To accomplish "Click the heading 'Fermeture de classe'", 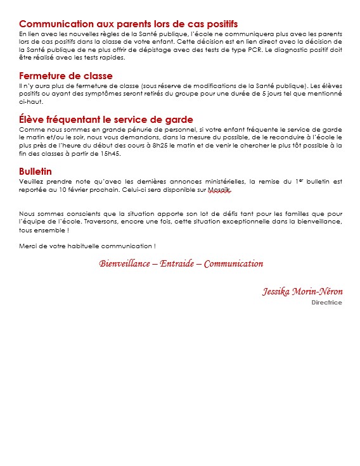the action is pyautogui.click(x=66, y=76).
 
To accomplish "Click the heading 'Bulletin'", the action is pyautogui.click(x=35, y=172).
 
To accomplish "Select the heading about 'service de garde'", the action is pyautogui.click(x=106, y=119).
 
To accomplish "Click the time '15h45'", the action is pyautogui.click(x=110, y=153).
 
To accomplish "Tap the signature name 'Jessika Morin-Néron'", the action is pyautogui.click(x=302, y=291).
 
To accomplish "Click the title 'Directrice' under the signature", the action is pyautogui.click(x=326, y=303).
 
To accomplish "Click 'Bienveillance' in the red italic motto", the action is pyautogui.click(x=125, y=263).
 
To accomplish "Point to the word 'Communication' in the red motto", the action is pyautogui.click(x=233, y=263).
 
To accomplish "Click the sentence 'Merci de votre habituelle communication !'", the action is pyautogui.click(x=87, y=246).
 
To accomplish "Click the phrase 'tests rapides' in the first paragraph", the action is pyautogui.click(x=105, y=57).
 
